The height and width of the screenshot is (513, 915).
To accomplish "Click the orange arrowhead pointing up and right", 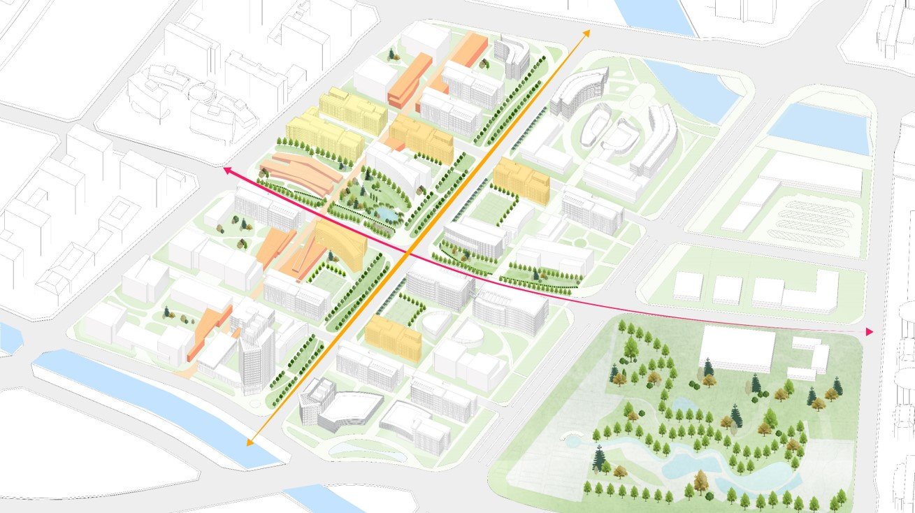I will [586, 33].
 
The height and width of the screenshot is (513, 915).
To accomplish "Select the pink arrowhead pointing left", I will [227, 170].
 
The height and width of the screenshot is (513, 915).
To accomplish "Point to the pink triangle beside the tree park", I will [869, 331].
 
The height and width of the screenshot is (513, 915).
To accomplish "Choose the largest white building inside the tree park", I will [737, 347].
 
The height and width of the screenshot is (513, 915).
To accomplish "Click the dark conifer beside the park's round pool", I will [599, 458].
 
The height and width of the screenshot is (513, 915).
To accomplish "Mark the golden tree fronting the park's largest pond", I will [701, 482].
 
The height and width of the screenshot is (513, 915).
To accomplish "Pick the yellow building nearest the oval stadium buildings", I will [521, 179].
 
